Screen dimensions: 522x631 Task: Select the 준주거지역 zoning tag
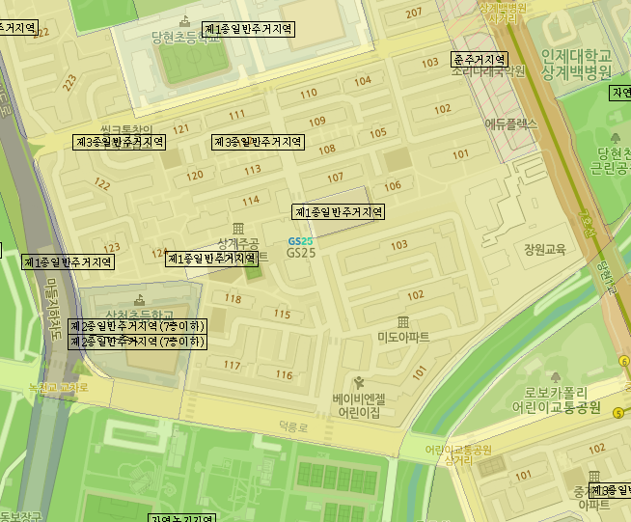[x=480, y=59]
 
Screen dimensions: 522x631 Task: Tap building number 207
[x=414, y=13]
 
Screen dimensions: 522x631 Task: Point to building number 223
[x=69, y=84]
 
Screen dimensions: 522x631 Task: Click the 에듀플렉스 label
[x=509, y=124]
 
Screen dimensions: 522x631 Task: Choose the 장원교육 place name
[x=544, y=249]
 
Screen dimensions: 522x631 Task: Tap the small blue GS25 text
[x=300, y=240]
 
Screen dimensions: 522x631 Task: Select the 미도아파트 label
[x=403, y=337]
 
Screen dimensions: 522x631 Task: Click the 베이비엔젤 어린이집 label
[x=359, y=404]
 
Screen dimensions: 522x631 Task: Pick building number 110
[x=309, y=94]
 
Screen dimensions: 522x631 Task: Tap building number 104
[x=363, y=81]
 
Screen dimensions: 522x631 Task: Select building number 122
[x=102, y=183]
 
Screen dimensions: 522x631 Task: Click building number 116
[x=284, y=374]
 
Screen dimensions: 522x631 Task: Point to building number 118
[x=233, y=299]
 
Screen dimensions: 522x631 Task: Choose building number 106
[x=393, y=186]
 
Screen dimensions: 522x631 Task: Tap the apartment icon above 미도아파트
[x=403, y=320]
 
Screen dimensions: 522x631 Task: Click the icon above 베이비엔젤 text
[x=360, y=383]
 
